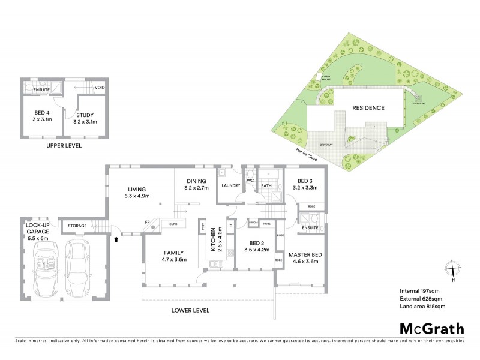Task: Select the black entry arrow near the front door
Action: click(x=116, y=239)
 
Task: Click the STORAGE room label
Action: click(x=77, y=226)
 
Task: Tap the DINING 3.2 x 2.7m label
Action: click(x=195, y=184)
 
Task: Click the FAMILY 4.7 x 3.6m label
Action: click(x=174, y=256)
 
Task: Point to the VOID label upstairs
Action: click(x=101, y=88)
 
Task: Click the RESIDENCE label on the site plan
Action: click(x=368, y=108)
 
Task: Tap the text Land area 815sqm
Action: click(x=422, y=307)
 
